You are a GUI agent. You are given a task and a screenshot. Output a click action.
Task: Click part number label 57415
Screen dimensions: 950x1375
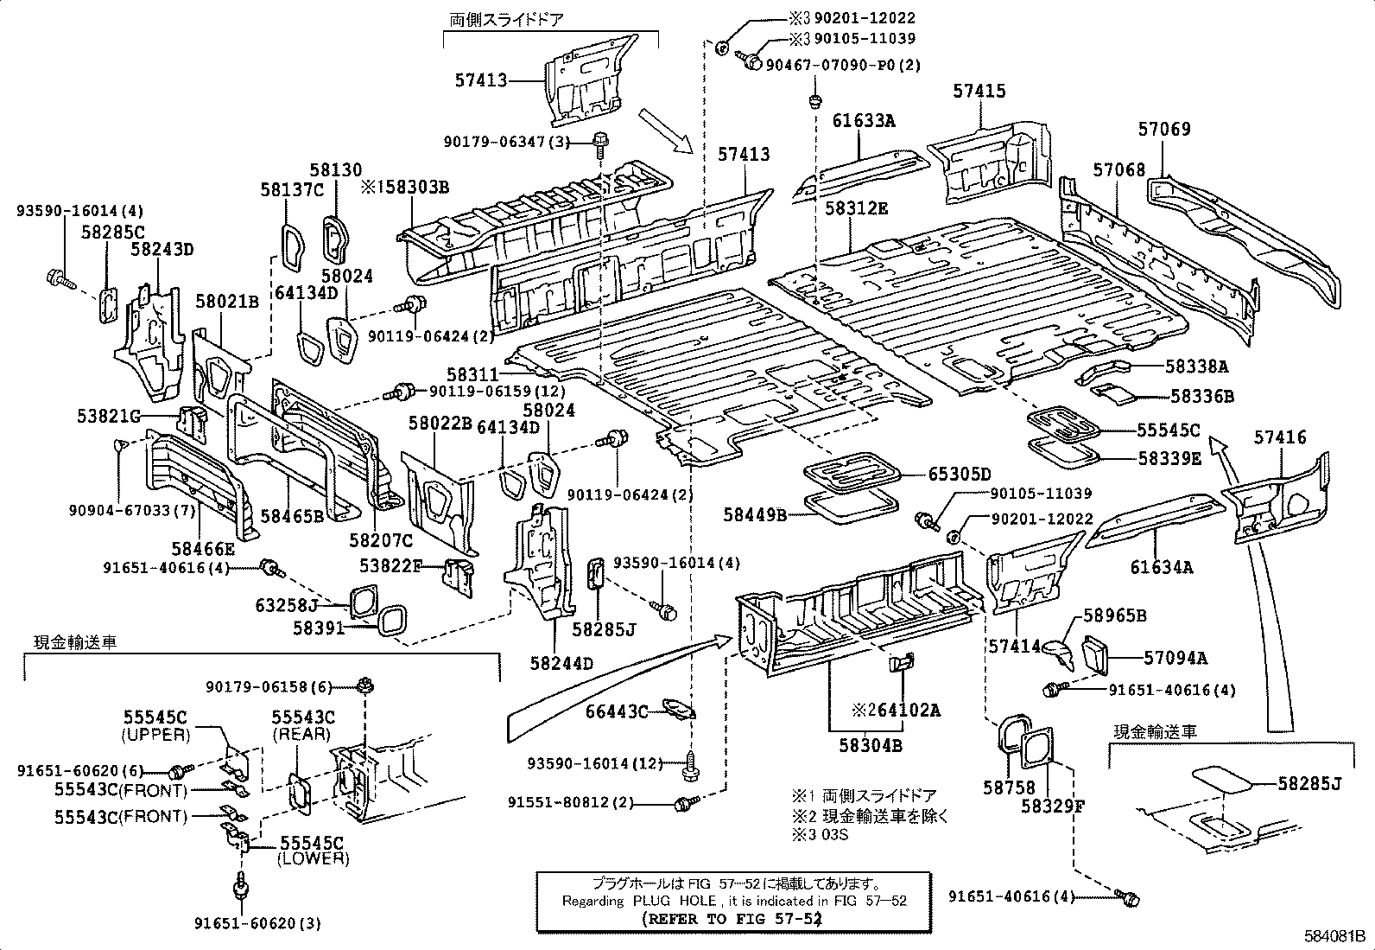pos(979,91)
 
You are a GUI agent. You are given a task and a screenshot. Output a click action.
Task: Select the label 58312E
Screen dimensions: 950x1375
pos(856,208)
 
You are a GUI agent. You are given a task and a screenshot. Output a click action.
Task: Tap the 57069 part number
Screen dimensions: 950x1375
pos(1163,129)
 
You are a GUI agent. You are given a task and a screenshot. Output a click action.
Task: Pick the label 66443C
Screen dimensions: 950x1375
pos(616,711)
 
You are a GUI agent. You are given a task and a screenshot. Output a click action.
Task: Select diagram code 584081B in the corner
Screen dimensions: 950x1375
pos(1334,935)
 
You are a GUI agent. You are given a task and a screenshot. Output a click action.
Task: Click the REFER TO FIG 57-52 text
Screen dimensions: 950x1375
pos(731,919)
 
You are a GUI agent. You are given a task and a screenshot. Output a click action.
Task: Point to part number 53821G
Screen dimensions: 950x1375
pos(108,418)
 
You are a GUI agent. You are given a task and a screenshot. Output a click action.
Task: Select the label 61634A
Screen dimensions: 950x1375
pos(1162,567)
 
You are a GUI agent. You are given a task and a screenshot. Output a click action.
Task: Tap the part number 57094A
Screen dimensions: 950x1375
pos(1175,658)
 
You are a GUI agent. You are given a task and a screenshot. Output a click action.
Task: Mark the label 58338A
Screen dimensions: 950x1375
pos(1196,367)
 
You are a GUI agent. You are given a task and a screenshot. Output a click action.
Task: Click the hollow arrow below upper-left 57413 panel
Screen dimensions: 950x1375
pos(666,131)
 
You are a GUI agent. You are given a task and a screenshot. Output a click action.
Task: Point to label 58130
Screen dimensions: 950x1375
pos(336,170)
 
